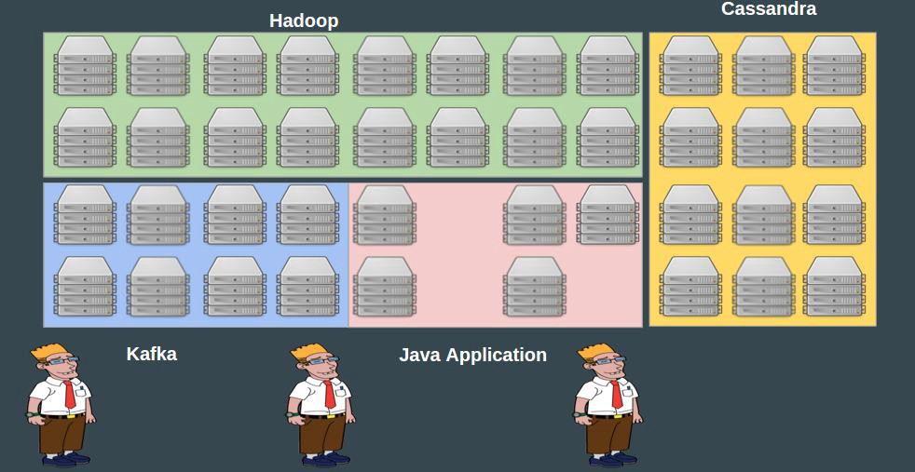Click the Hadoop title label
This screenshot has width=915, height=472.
[304, 20]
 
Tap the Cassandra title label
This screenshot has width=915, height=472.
[769, 9]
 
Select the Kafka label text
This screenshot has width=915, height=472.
[152, 354]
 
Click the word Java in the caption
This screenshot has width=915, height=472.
[419, 355]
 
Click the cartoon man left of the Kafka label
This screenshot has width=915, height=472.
[61, 404]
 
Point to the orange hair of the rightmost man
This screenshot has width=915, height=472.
[596, 352]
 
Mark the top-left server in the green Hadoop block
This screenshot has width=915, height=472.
[85, 65]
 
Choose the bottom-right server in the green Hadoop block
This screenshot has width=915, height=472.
[608, 137]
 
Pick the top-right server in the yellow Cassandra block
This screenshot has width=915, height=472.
[834, 65]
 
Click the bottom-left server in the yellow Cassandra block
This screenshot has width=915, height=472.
[690, 286]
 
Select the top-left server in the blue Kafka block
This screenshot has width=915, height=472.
[85, 214]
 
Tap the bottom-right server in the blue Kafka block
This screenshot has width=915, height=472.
[307, 286]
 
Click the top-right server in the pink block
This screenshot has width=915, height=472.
[608, 214]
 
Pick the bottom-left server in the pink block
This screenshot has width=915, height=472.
[385, 286]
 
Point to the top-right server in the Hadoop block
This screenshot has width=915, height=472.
[608, 65]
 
